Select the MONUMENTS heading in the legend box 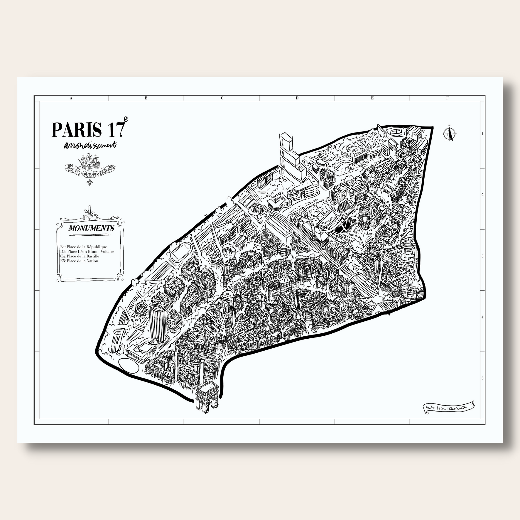click(91, 228)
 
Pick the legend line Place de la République click(83, 247)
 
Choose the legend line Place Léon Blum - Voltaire click(87, 251)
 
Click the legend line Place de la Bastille click(80, 256)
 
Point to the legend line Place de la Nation click(79, 261)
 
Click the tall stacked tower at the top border click(288, 155)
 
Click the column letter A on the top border click(71, 98)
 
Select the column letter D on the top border click(297, 98)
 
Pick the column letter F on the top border click(447, 98)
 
